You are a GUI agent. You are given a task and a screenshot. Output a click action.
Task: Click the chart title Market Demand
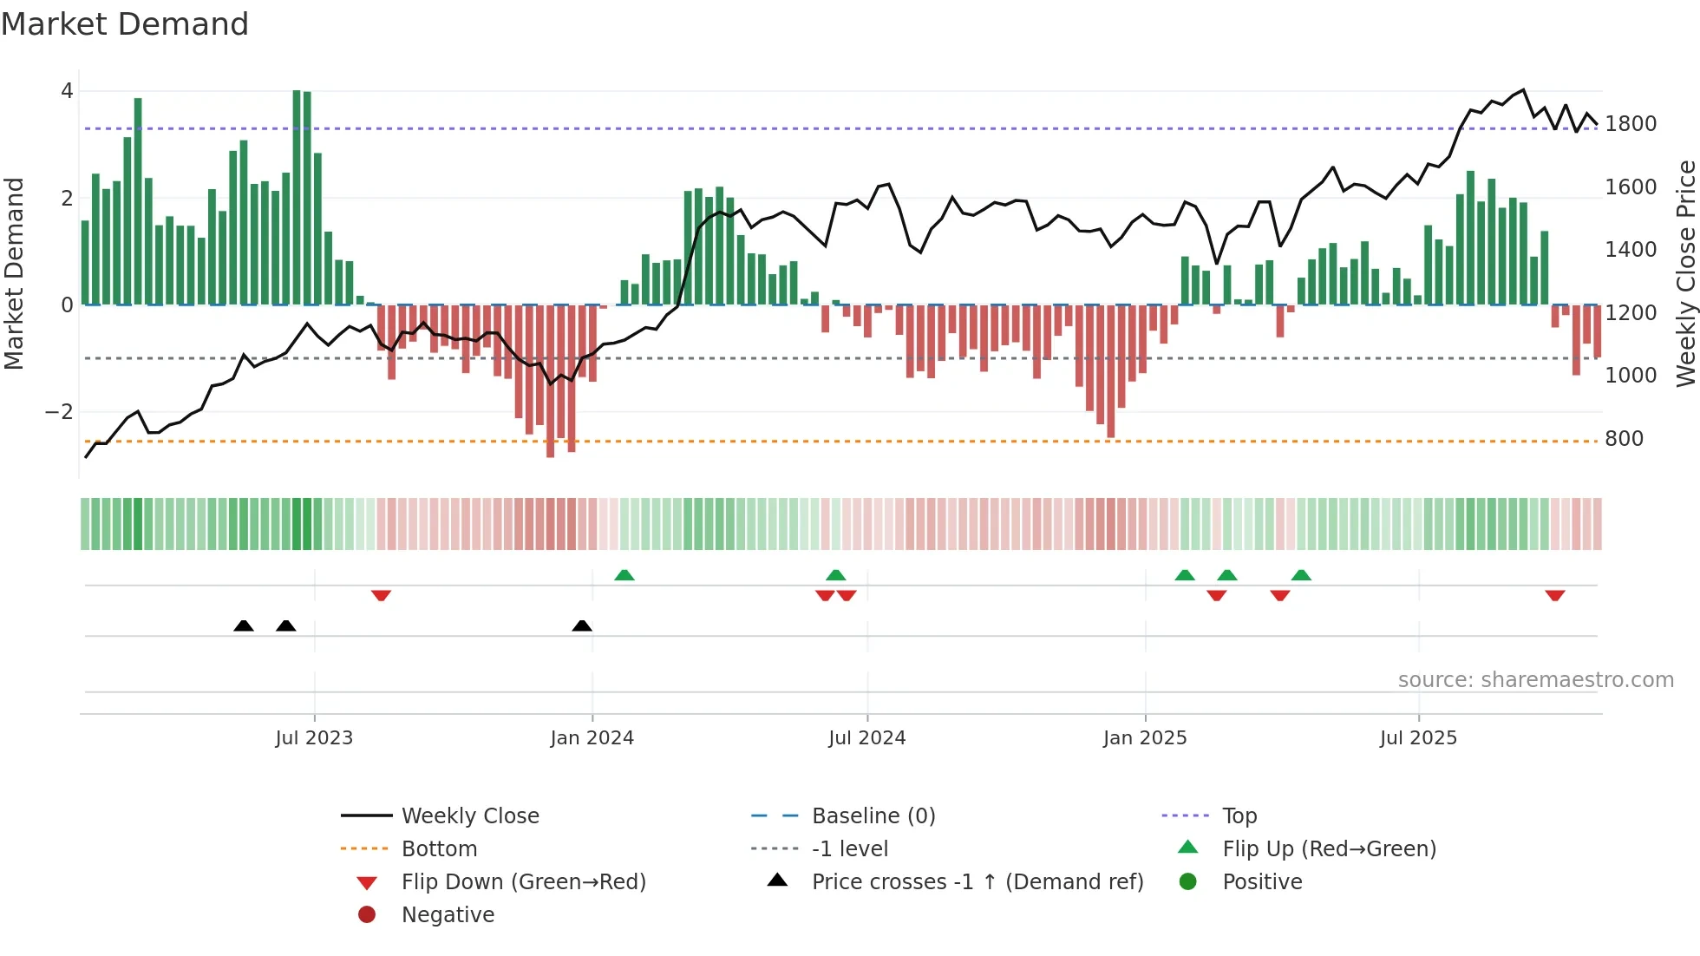click(x=125, y=24)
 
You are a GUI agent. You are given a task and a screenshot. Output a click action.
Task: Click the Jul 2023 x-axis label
click(x=314, y=738)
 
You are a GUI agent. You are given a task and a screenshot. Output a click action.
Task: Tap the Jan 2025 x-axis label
click(x=1145, y=738)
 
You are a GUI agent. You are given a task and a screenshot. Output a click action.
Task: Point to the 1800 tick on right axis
click(x=1631, y=124)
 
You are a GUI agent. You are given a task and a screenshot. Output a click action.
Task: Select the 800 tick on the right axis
click(x=1624, y=439)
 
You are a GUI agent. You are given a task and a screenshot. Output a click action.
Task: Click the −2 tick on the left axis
click(x=59, y=412)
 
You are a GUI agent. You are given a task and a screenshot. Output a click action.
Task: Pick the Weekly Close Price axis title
click(x=1685, y=273)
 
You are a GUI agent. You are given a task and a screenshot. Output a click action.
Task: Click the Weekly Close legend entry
click(x=470, y=816)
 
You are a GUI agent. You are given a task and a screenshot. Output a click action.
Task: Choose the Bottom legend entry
click(x=439, y=849)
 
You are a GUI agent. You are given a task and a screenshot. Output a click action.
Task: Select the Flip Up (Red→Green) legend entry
click(x=1329, y=849)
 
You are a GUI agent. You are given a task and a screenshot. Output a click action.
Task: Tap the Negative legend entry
click(x=448, y=915)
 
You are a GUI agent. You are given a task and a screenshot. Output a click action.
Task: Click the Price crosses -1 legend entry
click(x=977, y=882)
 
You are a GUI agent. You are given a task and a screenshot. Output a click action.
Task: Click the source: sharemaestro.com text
click(x=1535, y=680)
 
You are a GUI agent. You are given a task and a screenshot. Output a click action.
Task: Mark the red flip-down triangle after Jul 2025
click(x=1554, y=595)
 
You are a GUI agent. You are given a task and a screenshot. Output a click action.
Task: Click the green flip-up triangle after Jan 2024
click(x=624, y=575)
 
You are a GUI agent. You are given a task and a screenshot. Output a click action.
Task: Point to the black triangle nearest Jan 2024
click(x=582, y=625)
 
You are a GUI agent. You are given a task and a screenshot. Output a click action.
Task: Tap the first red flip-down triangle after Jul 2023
click(x=381, y=595)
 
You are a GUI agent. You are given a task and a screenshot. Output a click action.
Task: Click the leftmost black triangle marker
click(x=244, y=625)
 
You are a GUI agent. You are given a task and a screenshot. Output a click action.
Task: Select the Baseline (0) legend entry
click(x=873, y=816)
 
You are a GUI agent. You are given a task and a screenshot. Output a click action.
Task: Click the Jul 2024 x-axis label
click(x=866, y=738)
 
